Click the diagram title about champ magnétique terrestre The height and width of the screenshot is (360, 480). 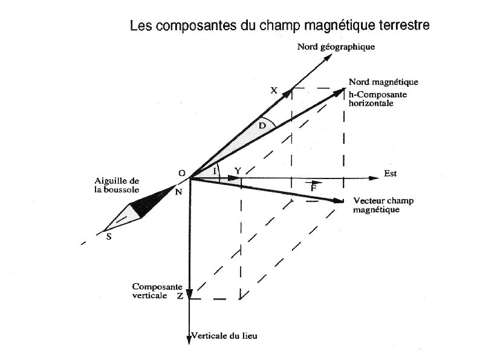(280, 27)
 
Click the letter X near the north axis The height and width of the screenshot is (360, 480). (273, 91)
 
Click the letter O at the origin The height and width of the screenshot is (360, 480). (181, 173)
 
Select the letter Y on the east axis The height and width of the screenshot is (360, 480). (238, 171)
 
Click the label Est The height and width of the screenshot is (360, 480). (391, 174)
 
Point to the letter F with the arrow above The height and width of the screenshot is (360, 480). (313, 188)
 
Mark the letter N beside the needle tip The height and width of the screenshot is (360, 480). (178, 192)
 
